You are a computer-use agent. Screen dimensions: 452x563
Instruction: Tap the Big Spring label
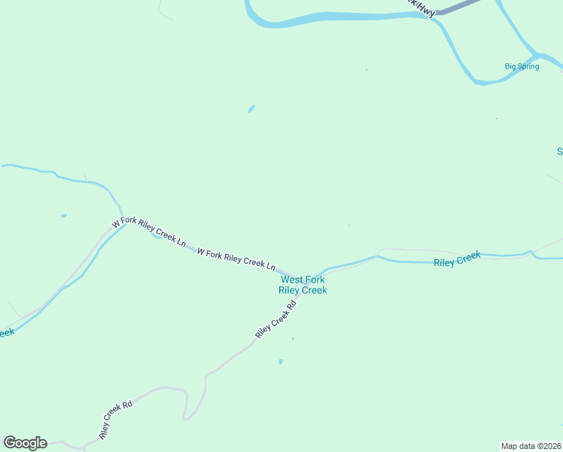(x=522, y=66)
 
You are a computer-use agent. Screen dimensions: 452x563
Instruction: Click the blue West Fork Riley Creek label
(x=303, y=285)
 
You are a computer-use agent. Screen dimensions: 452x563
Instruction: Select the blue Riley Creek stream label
(x=457, y=258)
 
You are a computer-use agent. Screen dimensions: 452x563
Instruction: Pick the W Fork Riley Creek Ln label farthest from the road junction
(x=149, y=233)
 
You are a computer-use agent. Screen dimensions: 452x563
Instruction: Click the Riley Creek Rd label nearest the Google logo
(x=116, y=420)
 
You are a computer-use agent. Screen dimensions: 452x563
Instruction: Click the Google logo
(x=25, y=443)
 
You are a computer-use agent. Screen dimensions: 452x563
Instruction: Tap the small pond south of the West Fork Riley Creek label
(x=281, y=362)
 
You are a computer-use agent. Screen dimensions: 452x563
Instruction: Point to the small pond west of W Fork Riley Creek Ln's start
(x=64, y=216)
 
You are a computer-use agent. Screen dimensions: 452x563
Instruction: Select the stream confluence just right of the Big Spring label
(x=536, y=55)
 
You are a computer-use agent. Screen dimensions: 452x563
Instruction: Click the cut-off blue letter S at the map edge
(x=559, y=152)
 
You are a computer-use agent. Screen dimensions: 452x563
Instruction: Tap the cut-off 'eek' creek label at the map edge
(x=6, y=332)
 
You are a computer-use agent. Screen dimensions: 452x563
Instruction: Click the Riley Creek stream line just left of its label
(x=406, y=261)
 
